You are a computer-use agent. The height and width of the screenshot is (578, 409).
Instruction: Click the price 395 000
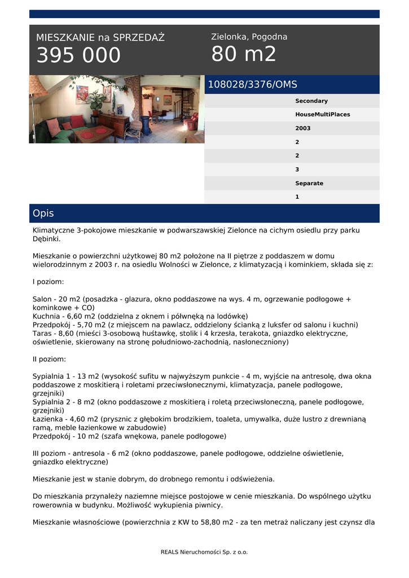click(78, 55)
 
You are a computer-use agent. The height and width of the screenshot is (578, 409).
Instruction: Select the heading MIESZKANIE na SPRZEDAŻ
click(100, 38)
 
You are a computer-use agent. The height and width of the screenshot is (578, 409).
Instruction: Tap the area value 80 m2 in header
click(244, 54)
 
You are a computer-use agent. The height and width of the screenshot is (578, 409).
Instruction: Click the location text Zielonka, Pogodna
click(249, 37)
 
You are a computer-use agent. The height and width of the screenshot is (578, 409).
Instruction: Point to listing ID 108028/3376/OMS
click(252, 85)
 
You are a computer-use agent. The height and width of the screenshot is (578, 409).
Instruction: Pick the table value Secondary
click(311, 101)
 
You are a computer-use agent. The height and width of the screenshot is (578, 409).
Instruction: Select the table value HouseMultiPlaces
click(322, 115)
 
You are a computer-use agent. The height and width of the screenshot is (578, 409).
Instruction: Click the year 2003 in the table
click(302, 128)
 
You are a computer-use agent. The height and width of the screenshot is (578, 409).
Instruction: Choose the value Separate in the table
click(309, 183)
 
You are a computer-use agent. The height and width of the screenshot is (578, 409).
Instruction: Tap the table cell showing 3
click(297, 169)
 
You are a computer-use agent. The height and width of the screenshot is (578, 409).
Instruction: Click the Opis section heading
click(43, 213)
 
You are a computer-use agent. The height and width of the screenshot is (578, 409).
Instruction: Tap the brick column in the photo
click(133, 96)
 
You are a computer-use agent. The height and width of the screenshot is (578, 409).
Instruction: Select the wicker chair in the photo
click(135, 129)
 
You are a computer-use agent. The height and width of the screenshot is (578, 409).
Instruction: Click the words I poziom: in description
click(48, 281)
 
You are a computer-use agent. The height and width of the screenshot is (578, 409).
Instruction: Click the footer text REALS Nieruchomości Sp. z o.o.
click(204, 552)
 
